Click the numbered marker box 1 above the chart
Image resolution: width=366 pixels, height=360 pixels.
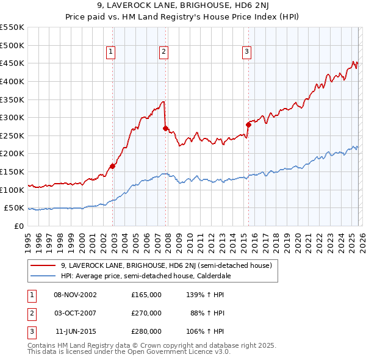pos(111,52)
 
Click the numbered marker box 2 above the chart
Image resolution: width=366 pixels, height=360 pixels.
pos(164,52)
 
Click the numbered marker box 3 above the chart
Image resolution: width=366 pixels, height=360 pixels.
pos(247,52)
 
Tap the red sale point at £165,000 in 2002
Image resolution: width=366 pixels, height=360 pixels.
pos(112,166)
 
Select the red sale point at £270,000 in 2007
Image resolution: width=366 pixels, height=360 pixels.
pos(165,128)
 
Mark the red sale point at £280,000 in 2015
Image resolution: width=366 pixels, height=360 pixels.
pos(248,124)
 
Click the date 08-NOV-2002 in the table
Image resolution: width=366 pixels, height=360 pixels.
pos(76,295)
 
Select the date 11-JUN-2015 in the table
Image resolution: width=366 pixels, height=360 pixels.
pos(76,331)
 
